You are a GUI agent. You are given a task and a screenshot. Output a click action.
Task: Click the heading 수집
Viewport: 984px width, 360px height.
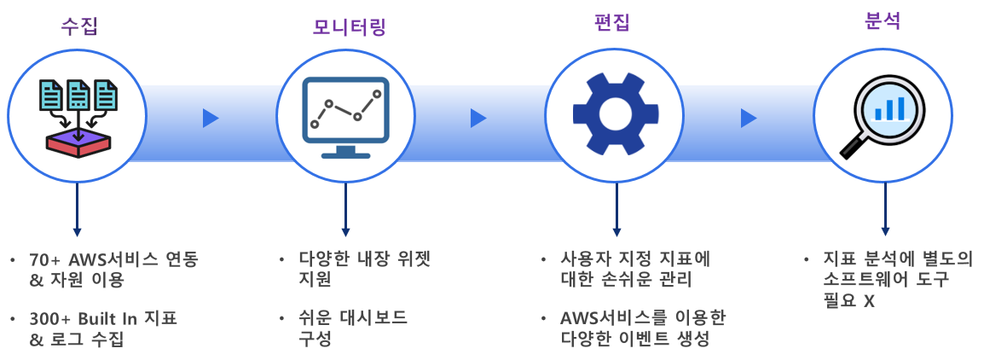pyautogui.click(x=79, y=26)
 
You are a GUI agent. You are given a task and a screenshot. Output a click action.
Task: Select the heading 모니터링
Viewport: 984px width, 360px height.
pyautogui.click(x=345, y=26)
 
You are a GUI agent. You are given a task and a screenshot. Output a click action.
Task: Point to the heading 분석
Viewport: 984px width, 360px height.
pyautogui.click(x=882, y=22)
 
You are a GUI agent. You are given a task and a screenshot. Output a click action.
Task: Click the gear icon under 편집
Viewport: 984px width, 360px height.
pyautogui.click(x=616, y=114)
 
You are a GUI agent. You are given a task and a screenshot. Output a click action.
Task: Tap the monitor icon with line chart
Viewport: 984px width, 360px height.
pyautogui.click(x=345, y=117)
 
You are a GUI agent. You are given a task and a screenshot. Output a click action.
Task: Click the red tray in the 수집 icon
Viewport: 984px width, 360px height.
pyautogui.click(x=78, y=144)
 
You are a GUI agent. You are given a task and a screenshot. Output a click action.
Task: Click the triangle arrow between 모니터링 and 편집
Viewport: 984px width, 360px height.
pyautogui.click(x=478, y=118)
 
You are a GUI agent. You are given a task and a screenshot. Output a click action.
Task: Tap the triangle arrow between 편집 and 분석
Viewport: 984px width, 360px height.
pyautogui.click(x=748, y=118)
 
